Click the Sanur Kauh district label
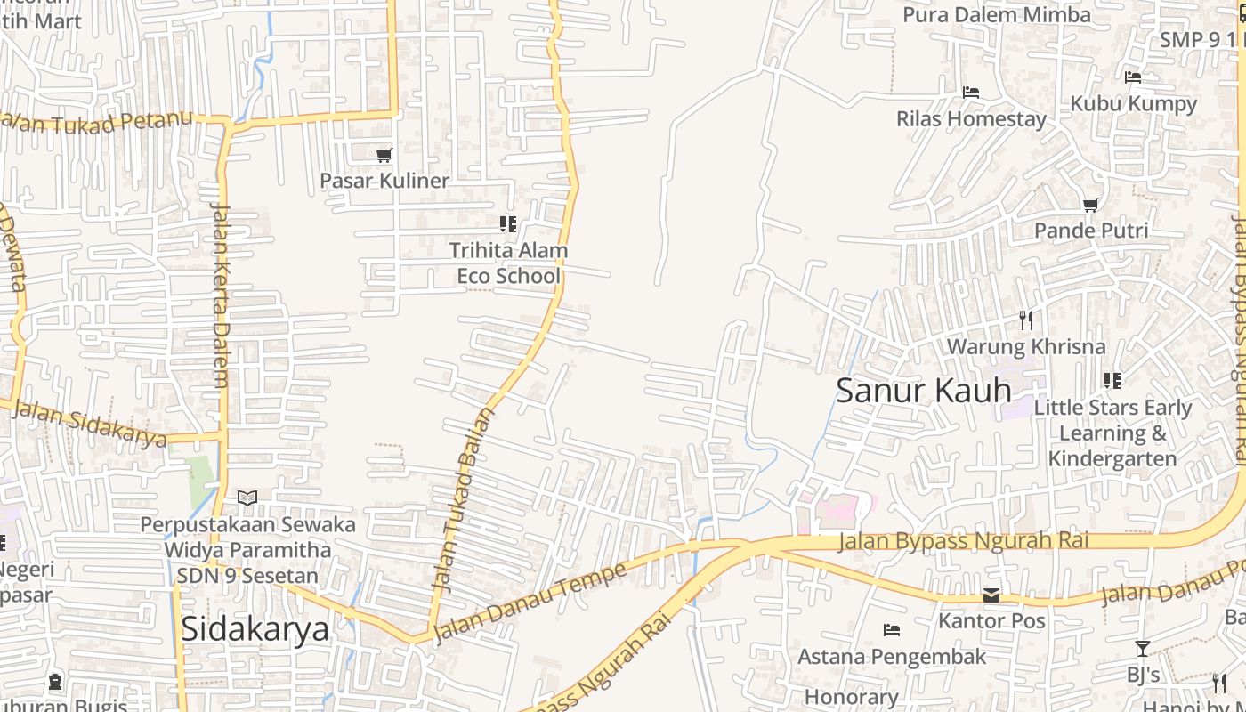coord(923,390)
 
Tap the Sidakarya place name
coord(255,628)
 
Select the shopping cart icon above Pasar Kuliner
coord(384,156)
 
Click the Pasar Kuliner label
coord(384,181)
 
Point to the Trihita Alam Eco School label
coord(508,263)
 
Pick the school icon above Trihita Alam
coord(507,224)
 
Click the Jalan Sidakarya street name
coord(89,425)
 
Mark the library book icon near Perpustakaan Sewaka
coord(247,498)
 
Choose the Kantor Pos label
coord(991,620)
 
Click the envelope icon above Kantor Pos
coord(991,595)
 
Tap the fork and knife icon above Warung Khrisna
coord(1026,320)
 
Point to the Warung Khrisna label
coord(1026,346)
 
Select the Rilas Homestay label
coord(971,118)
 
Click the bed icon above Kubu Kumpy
coord(1133,77)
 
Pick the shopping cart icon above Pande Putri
coord(1091,205)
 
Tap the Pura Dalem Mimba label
coord(997,15)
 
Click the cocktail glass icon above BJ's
coord(1143,649)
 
